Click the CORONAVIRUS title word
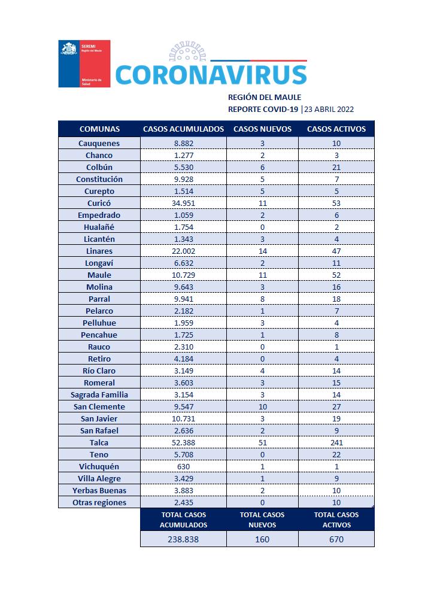[211, 74]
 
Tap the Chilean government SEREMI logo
[84, 64]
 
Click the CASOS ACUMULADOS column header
[183, 129]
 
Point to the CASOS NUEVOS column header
[262, 129]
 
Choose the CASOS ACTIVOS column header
[336, 129]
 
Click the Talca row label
[99, 442]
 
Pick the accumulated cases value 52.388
[183, 442]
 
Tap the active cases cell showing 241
[336, 442]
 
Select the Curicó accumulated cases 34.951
[183, 203]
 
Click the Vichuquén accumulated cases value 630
[183, 466]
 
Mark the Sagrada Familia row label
[99, 394]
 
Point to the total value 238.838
[183, 539]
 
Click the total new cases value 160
[262, 539]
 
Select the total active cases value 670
[336, 539]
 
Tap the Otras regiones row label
[99, 502]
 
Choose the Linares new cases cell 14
[262, 251]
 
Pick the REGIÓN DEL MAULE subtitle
[265, 97]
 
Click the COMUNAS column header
[99, 129]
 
